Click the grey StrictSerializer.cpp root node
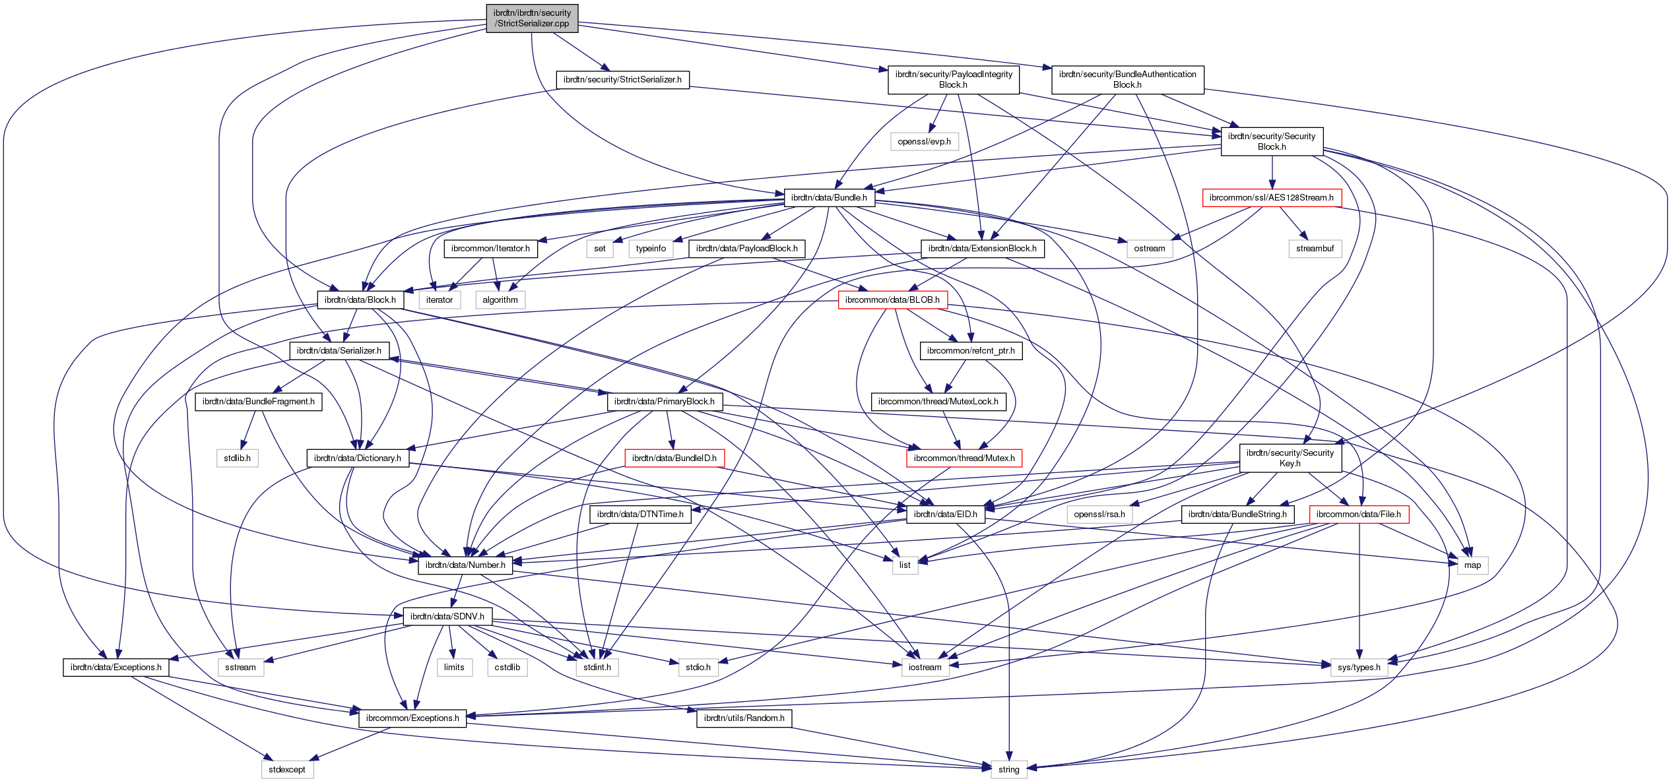coord(532,18)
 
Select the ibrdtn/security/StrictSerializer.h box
coord(622,80)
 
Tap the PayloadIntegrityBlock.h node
coord(953,79)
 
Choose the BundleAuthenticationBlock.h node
coord(1127,79)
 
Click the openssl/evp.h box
coord(924,141)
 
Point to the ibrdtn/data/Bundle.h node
coord(829,197)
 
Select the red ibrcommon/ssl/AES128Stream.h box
coord(1271,197)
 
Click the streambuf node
coord(1315,249)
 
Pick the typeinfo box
coord(651,249)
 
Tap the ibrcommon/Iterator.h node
coord(490,249)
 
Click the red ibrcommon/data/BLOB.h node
coord(892,299)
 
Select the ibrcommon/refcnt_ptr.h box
coord(971,350)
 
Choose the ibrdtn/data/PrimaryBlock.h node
coord(664,401)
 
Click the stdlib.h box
coord(237,458)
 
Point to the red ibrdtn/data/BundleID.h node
coord(674,458)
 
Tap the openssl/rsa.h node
coord(1099,514)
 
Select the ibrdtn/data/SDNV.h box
coord(447,616)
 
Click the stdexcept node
coord(287,769)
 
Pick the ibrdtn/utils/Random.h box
coord(744,718)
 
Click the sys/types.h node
coord(1359,667)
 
